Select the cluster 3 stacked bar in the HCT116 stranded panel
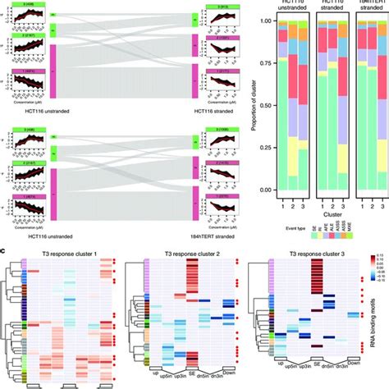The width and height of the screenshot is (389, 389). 350,107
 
